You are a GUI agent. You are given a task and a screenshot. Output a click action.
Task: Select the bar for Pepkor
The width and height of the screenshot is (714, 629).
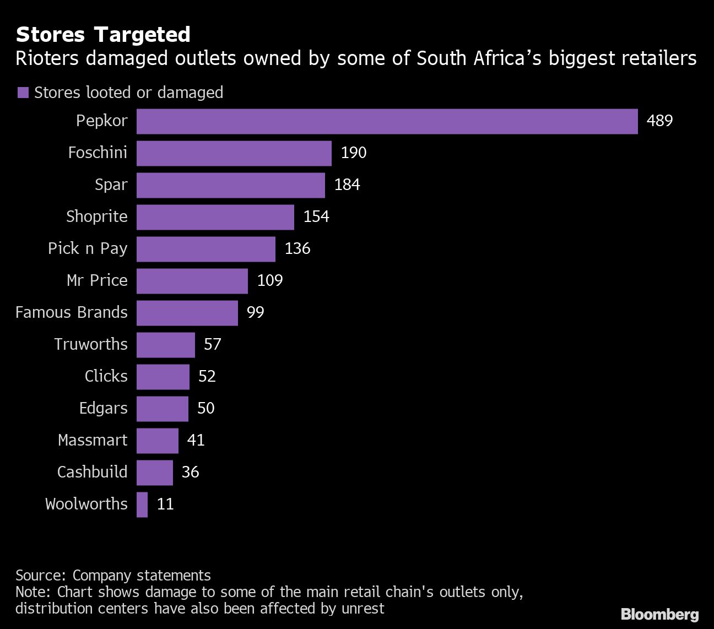(387, 121)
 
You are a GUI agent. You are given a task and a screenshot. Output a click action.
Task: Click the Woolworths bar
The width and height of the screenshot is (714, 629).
(142, 505)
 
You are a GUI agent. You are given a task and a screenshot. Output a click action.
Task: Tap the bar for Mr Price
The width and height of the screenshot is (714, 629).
(192, 281)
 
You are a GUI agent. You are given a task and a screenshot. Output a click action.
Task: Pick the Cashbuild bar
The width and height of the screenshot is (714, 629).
(154, 473)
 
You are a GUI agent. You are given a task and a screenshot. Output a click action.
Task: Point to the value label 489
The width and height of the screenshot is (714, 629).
(659, 121)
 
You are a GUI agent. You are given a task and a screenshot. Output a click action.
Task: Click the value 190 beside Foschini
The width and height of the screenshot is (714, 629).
(354, 153)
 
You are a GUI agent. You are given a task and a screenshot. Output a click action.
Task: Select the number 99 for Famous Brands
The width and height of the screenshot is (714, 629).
(256, 312)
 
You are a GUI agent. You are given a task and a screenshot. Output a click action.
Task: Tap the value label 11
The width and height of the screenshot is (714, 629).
(165, 504)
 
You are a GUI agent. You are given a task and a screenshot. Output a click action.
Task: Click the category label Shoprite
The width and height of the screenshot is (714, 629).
(97, 216)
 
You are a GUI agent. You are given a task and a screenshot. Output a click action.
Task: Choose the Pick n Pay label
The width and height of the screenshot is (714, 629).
(88, 248)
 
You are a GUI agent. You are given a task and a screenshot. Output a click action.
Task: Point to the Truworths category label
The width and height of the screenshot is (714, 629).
(91, 344)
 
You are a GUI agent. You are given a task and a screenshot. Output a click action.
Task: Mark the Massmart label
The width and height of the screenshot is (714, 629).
(93, 440)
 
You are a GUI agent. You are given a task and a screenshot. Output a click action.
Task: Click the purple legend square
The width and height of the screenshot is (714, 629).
(23, 93)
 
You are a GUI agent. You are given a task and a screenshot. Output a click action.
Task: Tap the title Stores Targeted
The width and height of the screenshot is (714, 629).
(103, 34)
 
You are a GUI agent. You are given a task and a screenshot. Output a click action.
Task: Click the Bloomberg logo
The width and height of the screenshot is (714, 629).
(659, 614)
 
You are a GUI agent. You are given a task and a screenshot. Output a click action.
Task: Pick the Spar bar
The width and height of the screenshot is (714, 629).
(230, 185)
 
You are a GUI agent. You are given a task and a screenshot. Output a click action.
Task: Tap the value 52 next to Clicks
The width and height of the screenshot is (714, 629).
(207, 376)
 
